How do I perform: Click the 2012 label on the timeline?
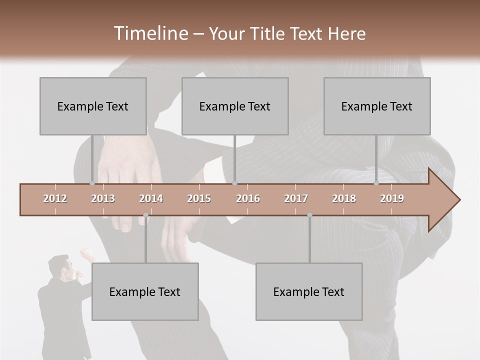click(55, 198)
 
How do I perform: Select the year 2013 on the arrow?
click(103, 198)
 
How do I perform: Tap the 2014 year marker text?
click(151, 198)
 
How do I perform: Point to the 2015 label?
click(199, 198)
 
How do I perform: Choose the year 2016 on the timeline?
click(248, 198)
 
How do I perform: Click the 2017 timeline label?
click(296, 198)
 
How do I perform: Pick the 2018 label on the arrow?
click(344, 198)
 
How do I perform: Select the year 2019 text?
click(392, 198)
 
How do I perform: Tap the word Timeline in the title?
click(150, 33)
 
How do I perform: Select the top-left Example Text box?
click(93, 106)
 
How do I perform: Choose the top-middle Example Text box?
click(235, 106)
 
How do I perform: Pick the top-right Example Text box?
click(377, 106)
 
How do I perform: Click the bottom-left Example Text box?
click(145, 291)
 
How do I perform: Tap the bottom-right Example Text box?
click(309, 291)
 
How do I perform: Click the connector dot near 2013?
click(92, 183)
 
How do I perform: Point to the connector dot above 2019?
click(376, 183)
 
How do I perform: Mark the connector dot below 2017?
click(309, 215)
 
